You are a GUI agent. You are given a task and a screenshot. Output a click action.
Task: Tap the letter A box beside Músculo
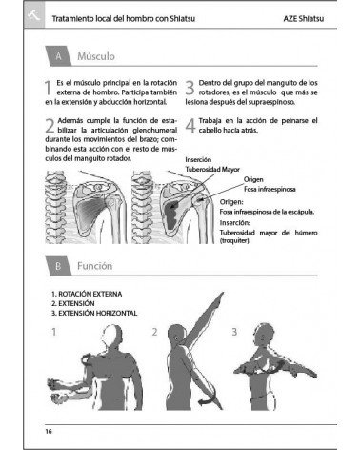60,56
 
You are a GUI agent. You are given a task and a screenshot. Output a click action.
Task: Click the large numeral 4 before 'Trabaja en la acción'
190,125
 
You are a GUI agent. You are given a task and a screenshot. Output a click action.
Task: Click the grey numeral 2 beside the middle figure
155,333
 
